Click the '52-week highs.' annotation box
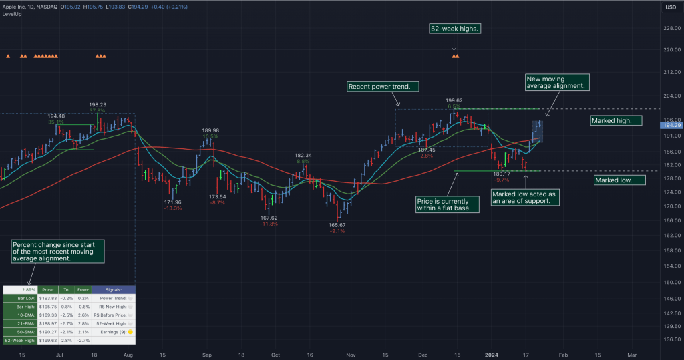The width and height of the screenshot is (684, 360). tap(455, 29)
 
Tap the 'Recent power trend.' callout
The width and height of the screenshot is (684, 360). tap(383, 87)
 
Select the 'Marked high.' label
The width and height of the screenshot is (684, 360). tap(616, 120)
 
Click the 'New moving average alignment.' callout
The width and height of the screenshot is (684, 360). tap(557, 82)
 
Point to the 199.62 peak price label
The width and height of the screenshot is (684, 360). tap(454, 100)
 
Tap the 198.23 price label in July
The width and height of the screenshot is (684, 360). tap(98, 105)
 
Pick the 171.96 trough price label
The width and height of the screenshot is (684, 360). tap(172, 202)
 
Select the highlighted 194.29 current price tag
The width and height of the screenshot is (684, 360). tap(670, 125)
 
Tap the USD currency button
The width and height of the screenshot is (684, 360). tap(670, 7)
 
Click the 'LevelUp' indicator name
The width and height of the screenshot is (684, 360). tap(12, 14)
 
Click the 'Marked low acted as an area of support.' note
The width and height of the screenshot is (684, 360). tap(524, 197)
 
